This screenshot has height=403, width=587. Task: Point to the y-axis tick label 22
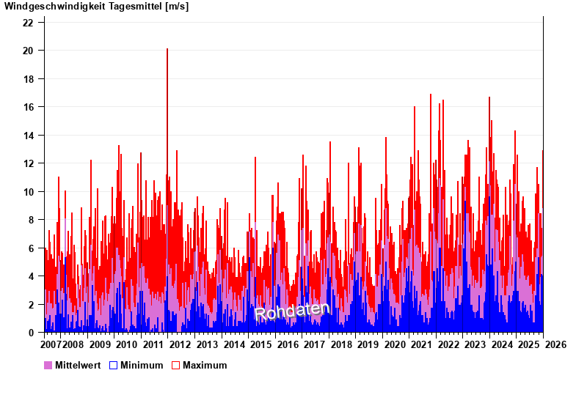pyautogui.click(x=28, y=23)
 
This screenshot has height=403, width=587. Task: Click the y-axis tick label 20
pyautogui.click(x=28, y=51)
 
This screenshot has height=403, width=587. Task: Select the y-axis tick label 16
pyautogui.click(x=28, y=107)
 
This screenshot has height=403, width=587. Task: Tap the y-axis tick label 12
pyautogui.click(x=28, y=163)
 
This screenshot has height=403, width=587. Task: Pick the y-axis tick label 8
pyautogui.click(x=31, y=220)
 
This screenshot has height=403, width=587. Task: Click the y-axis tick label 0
pyautogui.click(x=31, y=333)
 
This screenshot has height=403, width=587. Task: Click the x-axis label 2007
pyautogui.click(x=51, y=344)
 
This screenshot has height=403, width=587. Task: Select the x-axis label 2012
pyautogui.click(x=180, y=344)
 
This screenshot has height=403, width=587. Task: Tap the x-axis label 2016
pyautogui.click(x=288, y=344)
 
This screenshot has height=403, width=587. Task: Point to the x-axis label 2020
pyautogui.click(x=395, y=344)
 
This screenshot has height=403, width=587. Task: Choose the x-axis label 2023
pyautogui.click(x=475, y=344)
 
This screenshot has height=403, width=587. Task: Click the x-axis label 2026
pyautogui.click(x=556, y=344)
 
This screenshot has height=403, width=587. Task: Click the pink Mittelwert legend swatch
pyautogui.click(x=48, y=365)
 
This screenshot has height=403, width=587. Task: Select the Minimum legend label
pyautogui.click(x=142, y=365)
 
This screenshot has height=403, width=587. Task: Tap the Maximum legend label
pyautogui.click(x=205, y=365)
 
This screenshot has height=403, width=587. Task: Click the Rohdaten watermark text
pyautogui.click(x=292, y=311)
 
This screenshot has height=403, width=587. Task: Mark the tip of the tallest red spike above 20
pyautogui.click(x=167, y=49)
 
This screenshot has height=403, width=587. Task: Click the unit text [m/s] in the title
pyautogui.click(x=177, y=7)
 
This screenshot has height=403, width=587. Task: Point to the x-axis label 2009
pyautogui.click(x=100, y=344)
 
